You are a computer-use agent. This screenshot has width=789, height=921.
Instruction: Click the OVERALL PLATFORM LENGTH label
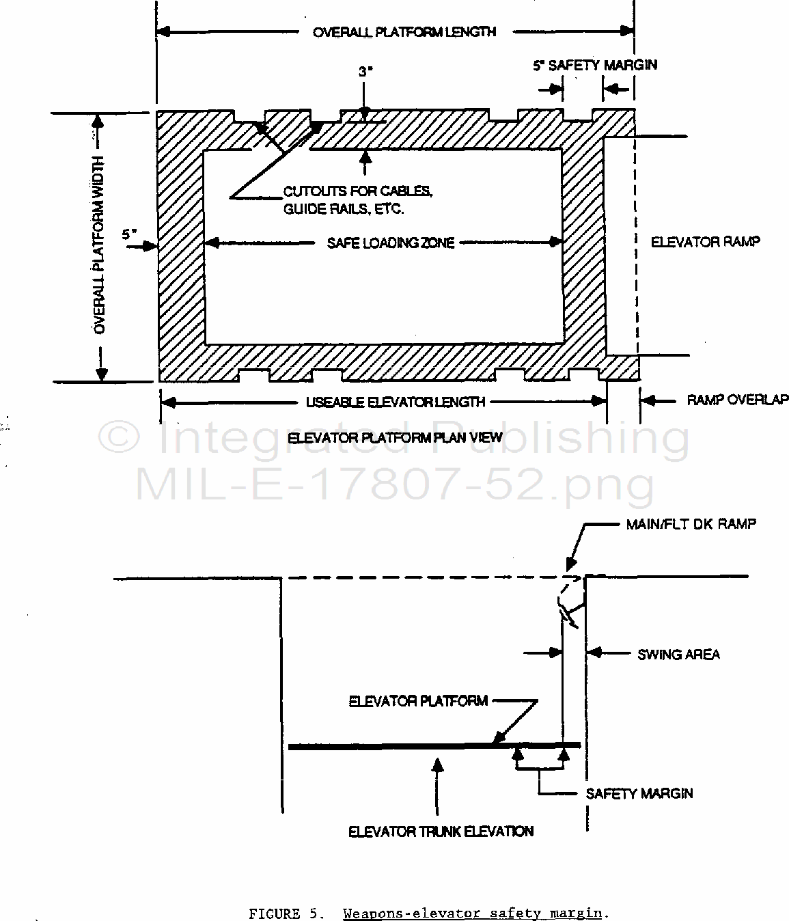tap(404, 32)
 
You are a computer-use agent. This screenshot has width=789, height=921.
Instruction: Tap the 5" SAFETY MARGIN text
tap(595, 66)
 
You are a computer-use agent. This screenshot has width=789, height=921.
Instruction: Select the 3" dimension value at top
tap(365, 71)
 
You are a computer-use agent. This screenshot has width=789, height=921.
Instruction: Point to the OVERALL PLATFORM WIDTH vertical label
tap(99, 245)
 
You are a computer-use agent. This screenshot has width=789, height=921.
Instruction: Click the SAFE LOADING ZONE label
tap(391, 243)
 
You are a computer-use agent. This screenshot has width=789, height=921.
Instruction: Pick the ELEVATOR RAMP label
tap(706, 242)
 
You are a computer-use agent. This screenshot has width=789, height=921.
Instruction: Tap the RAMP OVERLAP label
tap(737, 400)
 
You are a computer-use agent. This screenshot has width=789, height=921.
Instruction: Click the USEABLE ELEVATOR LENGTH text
tap(395, 402)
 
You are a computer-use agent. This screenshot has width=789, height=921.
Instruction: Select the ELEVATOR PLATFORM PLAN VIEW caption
tap(395, 437)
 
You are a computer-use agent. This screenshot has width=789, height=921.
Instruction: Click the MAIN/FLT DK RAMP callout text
tap(691, 524)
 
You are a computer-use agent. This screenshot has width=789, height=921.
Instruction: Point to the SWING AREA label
tap(678, 655)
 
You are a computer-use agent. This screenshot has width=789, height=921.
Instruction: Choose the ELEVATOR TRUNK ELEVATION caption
tap(441, 831)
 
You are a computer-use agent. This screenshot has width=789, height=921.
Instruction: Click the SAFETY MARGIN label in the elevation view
tap(639, 793)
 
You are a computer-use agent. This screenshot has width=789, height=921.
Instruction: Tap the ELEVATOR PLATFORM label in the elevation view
tap(418, 701)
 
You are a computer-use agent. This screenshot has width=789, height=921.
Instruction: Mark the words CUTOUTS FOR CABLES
tap(358, 191)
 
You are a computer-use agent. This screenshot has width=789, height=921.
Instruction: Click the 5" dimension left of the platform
tap(129, 234)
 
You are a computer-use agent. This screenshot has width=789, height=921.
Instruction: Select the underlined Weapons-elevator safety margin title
tap(472, 913)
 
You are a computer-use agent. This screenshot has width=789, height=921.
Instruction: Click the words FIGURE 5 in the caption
tap(283, 914)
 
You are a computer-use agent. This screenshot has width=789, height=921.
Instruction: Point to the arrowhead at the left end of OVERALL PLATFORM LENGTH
tap(163, 31)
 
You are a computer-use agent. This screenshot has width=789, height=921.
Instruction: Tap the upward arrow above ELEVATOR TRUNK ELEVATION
tap(438, 787)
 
